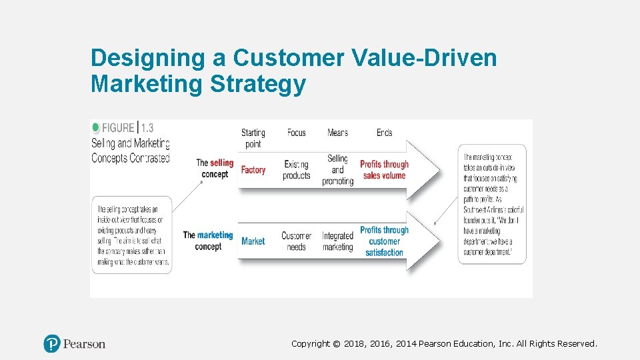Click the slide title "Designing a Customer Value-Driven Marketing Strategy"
(x=293, y=71)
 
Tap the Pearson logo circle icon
(x=52, y=344)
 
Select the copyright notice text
(x=444, y=344)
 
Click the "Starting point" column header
(x=253, y=138)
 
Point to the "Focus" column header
(x=296, y=133)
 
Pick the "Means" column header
(x=337, y=133)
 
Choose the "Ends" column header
(x=384, y=133)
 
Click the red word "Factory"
(x=253, y=170)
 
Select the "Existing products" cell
(x=297, y=170)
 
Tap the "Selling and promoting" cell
(x=337, y=170)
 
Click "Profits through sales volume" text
(x=384, y=170)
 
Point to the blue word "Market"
(x=253, y=241)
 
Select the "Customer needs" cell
(x=296, y=241)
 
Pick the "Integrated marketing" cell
(x=337, y=241)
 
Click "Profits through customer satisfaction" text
(x=384, y=241)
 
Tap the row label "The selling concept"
(x=214, y=169)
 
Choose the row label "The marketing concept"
(x=207, y=241)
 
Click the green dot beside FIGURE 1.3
(x=95, y=127)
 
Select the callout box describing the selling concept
(x=131, y=235)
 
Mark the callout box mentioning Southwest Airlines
(x=492, y=204)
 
